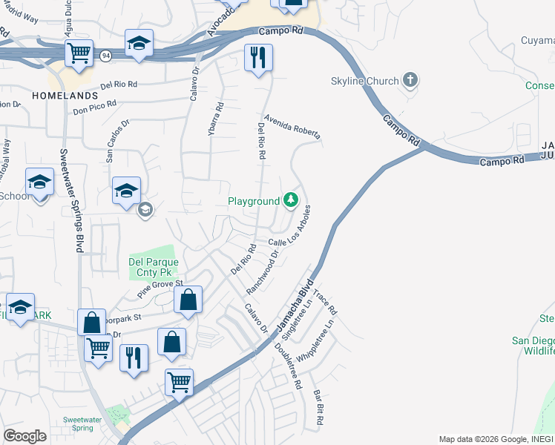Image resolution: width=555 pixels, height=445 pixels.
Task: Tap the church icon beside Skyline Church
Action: (x=410, y=80)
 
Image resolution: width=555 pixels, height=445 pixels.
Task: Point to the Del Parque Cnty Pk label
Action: (x=156, y=267)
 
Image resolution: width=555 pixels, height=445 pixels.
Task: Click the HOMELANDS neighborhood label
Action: (x=65, y=96)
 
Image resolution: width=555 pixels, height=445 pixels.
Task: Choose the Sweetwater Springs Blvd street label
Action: (x=71, y=200)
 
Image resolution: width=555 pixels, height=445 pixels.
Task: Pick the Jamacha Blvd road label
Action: (x=295, y=304)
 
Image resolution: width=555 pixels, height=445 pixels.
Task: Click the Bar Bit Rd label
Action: (x=318, y=408)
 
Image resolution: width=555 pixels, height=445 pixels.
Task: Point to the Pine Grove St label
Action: (x=160, y=289)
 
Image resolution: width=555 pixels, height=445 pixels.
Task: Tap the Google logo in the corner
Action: (x=24, y=436)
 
